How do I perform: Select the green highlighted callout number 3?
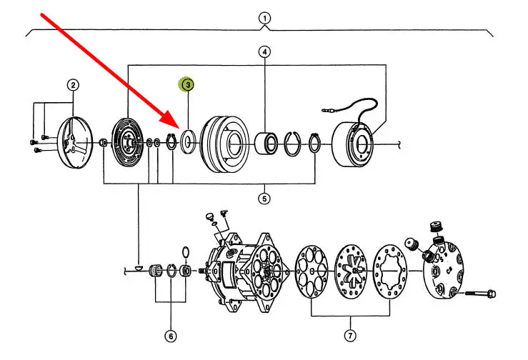[x=187, y=84]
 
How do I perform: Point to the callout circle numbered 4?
[x=265, y=52]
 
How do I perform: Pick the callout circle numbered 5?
[x=265, y=199]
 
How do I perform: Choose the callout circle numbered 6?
[x=171, y=335]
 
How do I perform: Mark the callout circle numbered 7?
[x=350, y=335]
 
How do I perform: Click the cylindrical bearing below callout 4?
[x=267, y=144]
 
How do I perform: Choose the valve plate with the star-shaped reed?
[x=350, y=272]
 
